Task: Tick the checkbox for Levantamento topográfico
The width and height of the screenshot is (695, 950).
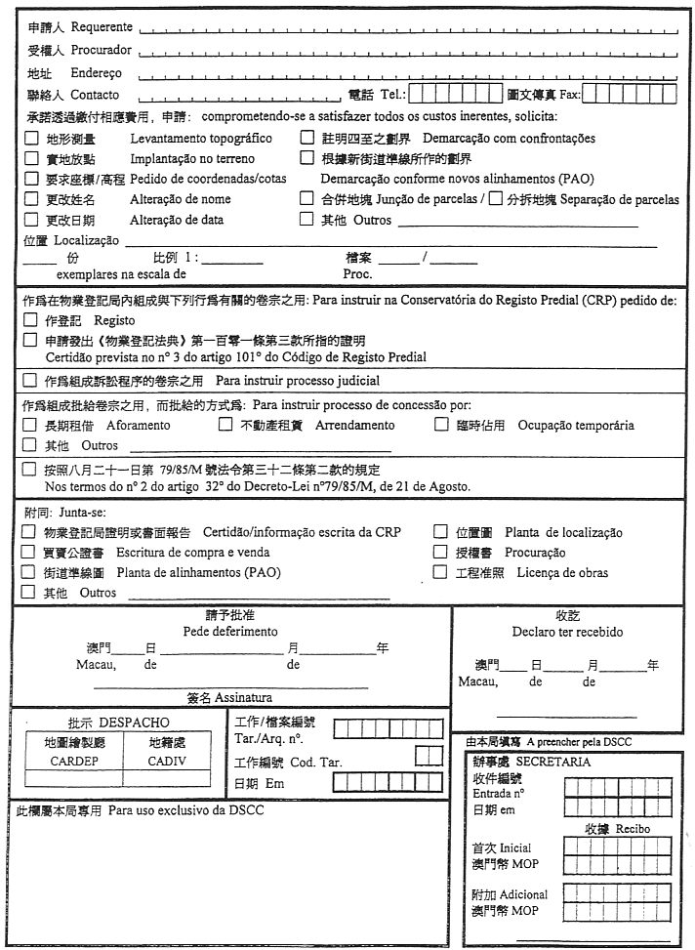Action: [31, 139]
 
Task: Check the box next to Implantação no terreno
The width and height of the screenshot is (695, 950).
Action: [31, 158]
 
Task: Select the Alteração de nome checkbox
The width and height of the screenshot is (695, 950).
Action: [31, 199]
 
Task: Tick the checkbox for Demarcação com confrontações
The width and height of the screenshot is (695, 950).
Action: [307, 139]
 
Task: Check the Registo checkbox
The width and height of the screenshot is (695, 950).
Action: [29, 320]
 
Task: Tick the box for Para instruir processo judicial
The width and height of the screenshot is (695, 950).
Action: [29, 380]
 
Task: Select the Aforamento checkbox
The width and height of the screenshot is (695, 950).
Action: [29, 426]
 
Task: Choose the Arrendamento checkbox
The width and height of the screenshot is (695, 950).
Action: [224, 426]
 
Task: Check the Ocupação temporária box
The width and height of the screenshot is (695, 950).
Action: [440, 426]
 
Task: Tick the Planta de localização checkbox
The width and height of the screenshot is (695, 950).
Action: [439, 532]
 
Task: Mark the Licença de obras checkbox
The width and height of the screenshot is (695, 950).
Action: [439, 572]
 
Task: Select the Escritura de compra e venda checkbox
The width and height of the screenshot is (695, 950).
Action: [29, 553]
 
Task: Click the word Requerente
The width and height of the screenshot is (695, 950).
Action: [102, 26]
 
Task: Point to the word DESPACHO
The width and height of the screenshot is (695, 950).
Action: [134, 723]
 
